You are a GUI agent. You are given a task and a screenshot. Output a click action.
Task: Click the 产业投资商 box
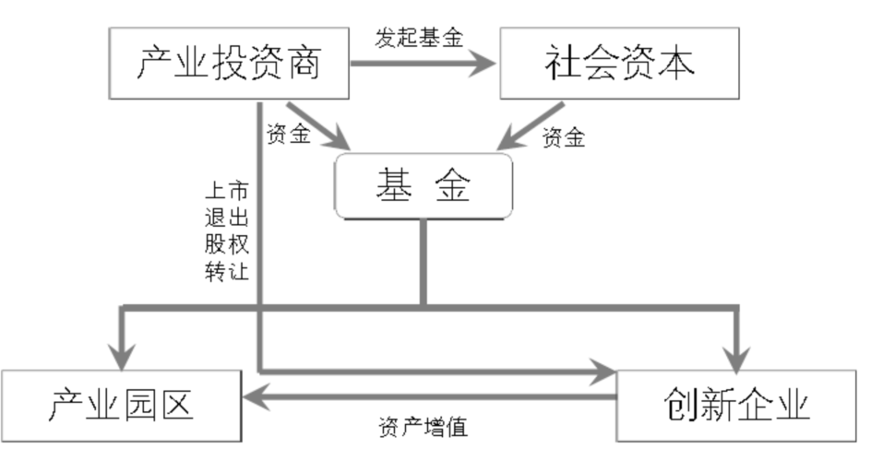coord(229,63)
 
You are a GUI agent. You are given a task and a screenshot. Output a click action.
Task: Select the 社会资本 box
coord(619,63)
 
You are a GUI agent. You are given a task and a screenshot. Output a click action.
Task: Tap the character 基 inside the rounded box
coord(394,186)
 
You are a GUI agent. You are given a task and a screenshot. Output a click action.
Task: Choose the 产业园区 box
coord(121,405)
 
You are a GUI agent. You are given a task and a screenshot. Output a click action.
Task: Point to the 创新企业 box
coord(735,405)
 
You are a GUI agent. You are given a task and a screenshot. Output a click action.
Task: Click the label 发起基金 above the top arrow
coord(419,38)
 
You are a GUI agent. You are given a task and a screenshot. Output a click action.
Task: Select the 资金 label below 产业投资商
coord(288,134)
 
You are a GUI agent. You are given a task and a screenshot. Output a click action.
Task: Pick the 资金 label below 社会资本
coord(564,136)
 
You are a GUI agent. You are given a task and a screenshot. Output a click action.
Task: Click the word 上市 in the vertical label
coord(226,192)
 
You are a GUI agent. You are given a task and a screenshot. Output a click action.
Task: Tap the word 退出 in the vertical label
coord(226,218)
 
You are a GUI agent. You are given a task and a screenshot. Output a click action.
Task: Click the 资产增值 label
coord(423,428)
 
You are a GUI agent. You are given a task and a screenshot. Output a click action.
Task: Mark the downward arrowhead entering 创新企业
coord(737,353)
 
